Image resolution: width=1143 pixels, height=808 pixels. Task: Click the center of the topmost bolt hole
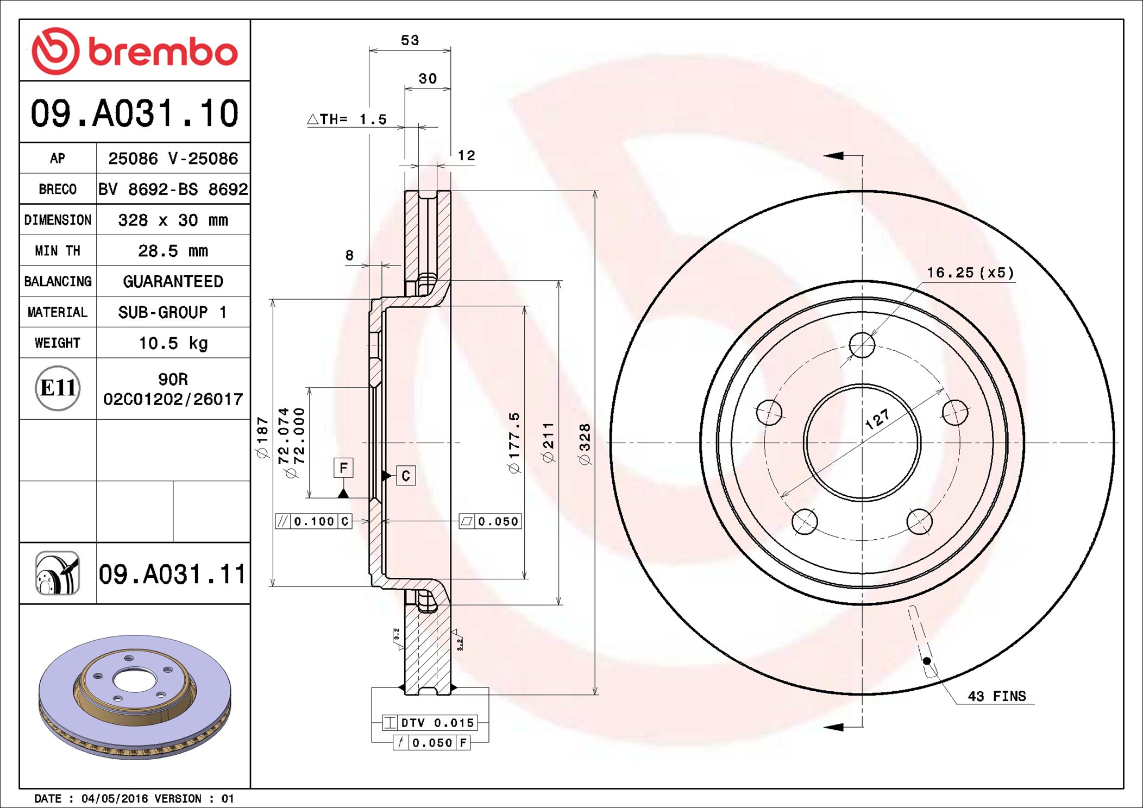click(862, 345)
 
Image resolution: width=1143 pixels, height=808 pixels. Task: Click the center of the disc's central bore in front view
click(862, 443)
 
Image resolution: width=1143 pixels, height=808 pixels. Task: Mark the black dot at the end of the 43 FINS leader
click(927, 661)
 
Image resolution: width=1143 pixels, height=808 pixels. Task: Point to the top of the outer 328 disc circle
click(862, 191)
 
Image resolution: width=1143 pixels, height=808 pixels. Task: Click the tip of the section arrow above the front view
click(824, 156)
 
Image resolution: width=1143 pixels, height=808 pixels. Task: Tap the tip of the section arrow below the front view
click(824, 727)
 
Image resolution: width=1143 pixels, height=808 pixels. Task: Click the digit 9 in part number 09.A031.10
click(61, 113)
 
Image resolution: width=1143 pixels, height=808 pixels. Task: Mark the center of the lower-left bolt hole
click(805, 522)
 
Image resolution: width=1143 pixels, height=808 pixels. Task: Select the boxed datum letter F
click(343, 468)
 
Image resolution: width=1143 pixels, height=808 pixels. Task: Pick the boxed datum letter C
click(406, 476)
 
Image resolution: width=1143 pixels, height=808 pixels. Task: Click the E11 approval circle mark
click(58, 388)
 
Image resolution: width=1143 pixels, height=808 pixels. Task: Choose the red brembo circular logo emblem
click(55, 51)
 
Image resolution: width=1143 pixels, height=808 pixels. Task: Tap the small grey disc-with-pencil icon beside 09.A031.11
click(58, 573)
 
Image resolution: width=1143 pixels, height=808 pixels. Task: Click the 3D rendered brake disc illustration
click(135, 697)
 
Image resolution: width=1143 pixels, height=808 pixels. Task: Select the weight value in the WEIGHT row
click(173, 343)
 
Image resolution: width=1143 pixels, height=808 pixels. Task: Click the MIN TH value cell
click(173, 250)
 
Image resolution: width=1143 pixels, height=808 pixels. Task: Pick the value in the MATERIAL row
click(172, 312)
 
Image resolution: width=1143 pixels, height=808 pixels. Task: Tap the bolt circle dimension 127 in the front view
click(877, 419)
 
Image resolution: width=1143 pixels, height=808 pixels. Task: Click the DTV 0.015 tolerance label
click(430, 723)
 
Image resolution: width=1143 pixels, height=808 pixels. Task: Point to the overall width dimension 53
click(410, 40)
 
